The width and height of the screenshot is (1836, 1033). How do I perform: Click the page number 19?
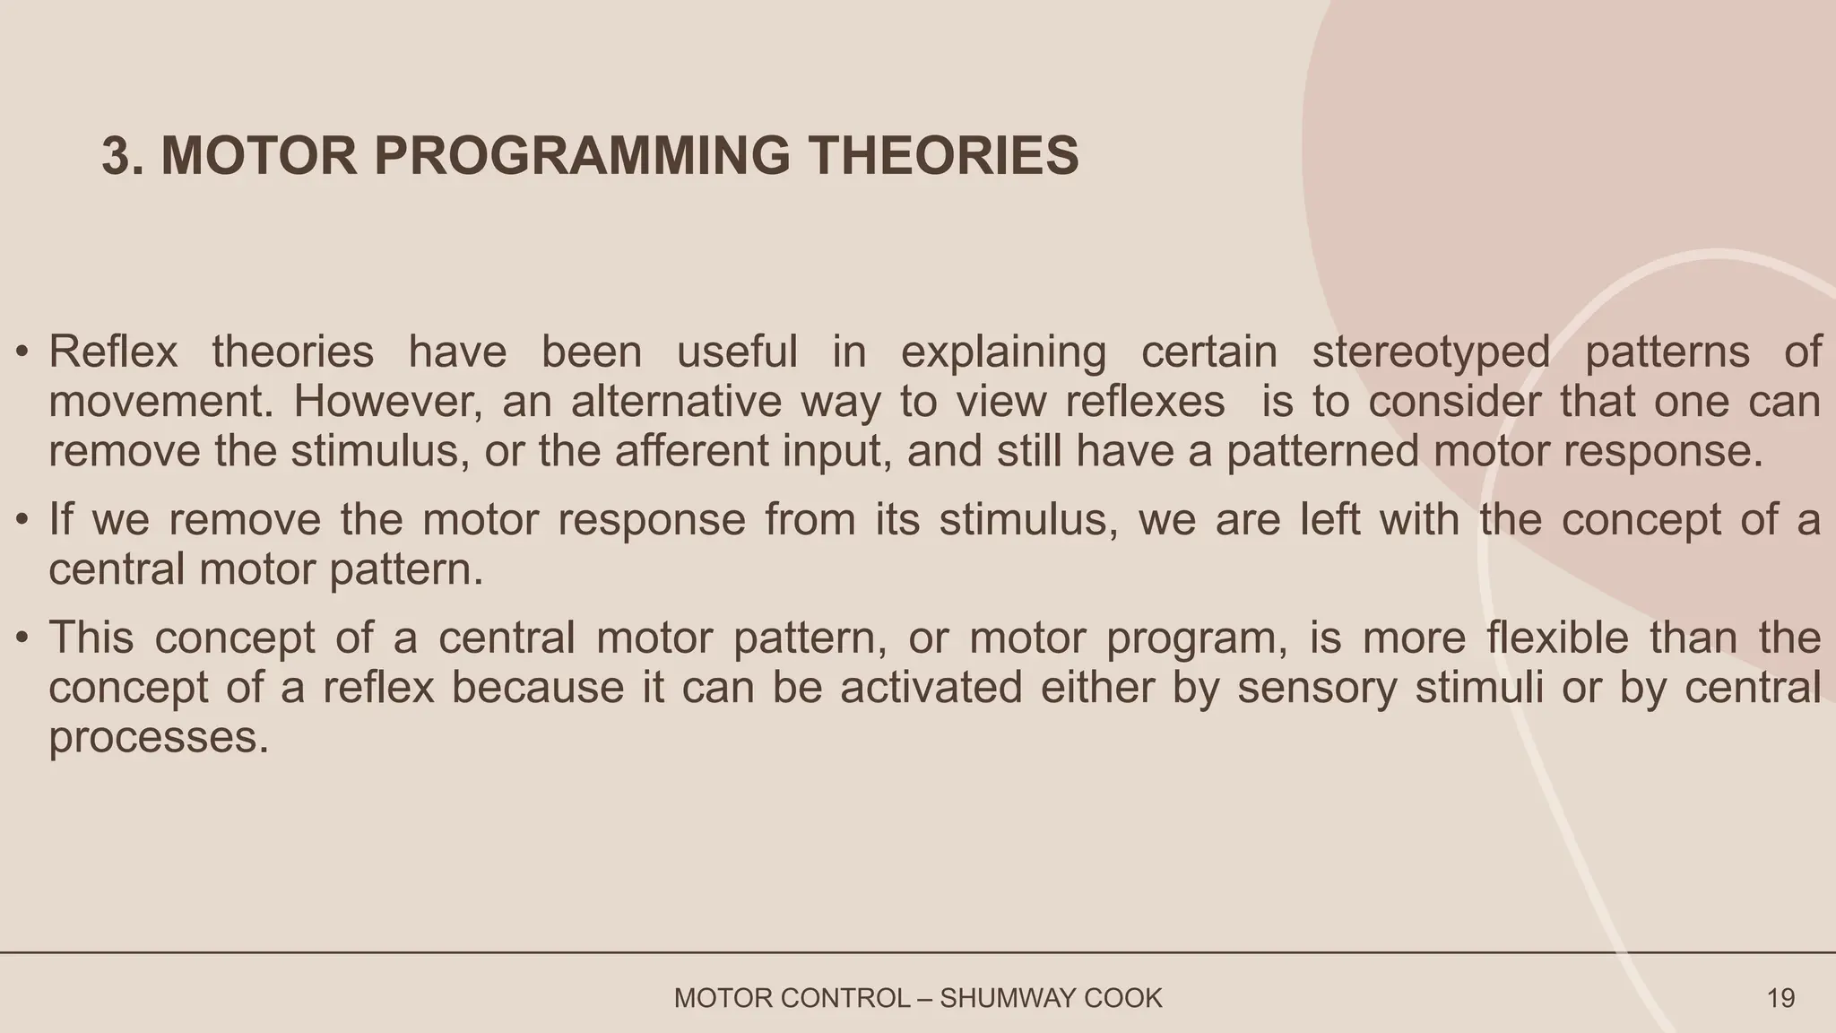(x=1780, y=998)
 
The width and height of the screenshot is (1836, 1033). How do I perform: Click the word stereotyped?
(x=1431, y=352)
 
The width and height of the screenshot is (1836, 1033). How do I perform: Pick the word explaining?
(x=1003, y=352)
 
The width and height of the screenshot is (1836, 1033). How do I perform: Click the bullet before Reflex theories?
(x=24, y=352)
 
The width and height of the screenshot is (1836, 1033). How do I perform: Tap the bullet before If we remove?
(x=24, y=521)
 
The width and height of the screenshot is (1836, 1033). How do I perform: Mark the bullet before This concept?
(x=24, y=639)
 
